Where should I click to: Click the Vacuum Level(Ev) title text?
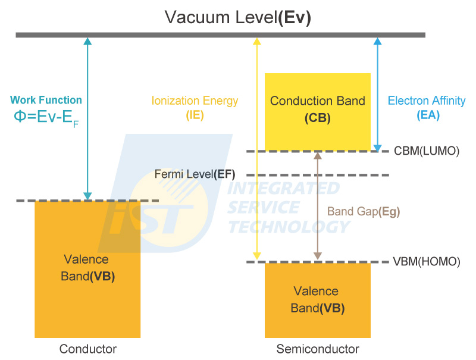238,17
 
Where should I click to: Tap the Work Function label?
46,100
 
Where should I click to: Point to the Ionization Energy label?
195,101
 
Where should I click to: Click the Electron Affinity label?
427,101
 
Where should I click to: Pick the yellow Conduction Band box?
317,110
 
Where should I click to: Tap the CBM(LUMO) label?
427,151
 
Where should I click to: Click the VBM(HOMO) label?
427,261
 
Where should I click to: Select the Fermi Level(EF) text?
195,174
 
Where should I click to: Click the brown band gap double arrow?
318,205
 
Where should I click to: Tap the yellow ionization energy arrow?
257,149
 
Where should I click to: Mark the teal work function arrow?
88,119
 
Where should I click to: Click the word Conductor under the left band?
88,349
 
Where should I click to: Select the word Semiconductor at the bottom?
318,349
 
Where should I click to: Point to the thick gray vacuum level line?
220,35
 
